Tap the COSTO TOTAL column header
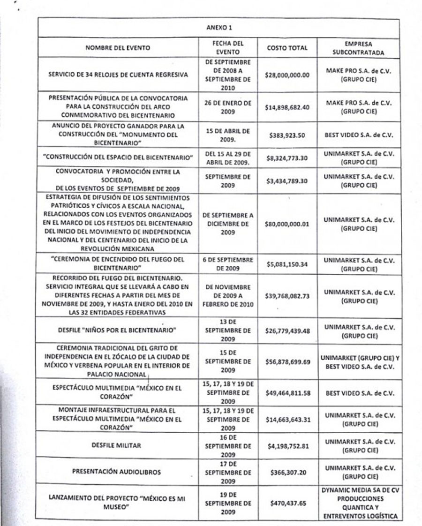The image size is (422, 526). pos(287,48)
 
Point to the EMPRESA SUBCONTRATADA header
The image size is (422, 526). pos(358,48)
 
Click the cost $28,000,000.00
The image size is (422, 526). pos(287,75)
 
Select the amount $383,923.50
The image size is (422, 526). pos(287,135)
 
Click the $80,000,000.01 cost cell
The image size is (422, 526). pos(287,224)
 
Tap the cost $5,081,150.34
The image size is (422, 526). pos(287,264)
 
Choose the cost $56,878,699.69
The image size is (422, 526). pos(287,362)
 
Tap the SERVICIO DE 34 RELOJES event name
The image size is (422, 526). pos(121,75)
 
